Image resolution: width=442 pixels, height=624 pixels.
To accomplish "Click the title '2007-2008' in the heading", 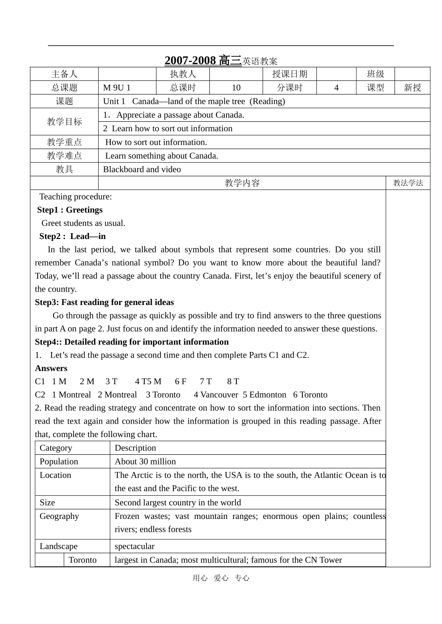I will point(190,60).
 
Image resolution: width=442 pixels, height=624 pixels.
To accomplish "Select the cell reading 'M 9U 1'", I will point(117,88).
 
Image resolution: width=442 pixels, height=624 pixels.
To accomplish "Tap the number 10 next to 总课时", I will point(236,88).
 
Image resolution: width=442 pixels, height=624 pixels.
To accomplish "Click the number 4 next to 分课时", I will point(336,88).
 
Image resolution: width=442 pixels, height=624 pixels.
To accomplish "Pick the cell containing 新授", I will point(412,88).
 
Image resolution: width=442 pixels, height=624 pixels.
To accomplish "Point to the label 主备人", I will point(64,74).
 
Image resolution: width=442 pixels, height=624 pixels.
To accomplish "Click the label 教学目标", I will point(64,122).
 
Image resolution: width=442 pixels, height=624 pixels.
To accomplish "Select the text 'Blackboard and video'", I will point(142,169).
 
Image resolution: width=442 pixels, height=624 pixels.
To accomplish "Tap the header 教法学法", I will point(408,183).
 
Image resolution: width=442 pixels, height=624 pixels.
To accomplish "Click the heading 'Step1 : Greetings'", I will point(70,210).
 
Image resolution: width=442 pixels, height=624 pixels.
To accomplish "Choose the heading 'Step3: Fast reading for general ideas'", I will point(104,302).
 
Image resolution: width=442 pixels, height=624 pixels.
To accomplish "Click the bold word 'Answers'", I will point(51,368).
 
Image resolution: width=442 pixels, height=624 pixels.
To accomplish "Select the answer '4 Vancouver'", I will point(216,395).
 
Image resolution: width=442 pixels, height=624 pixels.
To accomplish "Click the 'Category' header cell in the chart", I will point(56,448).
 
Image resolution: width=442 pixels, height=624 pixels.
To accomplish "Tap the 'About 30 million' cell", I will point(145,461).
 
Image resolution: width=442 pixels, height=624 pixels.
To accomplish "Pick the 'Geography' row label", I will point(59,516).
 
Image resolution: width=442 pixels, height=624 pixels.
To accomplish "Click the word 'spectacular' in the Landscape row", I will point(134,546).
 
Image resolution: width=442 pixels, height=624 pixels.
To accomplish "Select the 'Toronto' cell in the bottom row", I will point(82,560).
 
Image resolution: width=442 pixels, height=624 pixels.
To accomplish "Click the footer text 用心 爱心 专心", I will point(221,578).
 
